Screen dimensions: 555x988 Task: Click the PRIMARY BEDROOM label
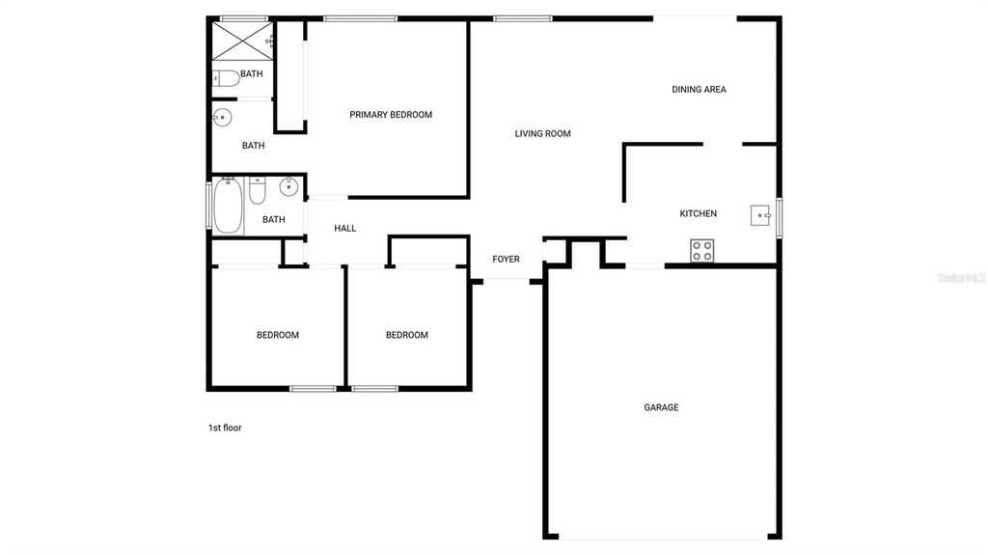pos(391,115)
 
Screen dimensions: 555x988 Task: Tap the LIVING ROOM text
pos(542,134)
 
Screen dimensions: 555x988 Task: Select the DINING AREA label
pos(699,90)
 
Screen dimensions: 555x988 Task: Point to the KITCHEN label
pos(698,213)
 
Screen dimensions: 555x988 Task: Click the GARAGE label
pos(661,407)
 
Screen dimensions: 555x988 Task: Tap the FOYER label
pos(506,259)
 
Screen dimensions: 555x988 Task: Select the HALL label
pos(344,229)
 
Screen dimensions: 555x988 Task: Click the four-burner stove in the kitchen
pos(702,251)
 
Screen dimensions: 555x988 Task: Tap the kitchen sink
pos(761,215)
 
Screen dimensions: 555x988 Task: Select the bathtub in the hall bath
pos(228,206)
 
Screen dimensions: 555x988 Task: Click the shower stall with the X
pos(240,41)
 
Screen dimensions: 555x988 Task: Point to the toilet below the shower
pos(225,78)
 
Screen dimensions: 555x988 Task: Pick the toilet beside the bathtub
pos(258,191)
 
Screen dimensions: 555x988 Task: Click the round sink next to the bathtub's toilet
pos(288,188)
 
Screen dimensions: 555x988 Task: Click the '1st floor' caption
pos(225,428)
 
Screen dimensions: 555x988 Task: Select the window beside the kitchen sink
pos(780,215)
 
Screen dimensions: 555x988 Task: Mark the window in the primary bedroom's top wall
pos(360,17)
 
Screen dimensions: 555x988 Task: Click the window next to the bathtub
pos(208,205)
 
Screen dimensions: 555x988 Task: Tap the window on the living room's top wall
pos(523,17)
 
